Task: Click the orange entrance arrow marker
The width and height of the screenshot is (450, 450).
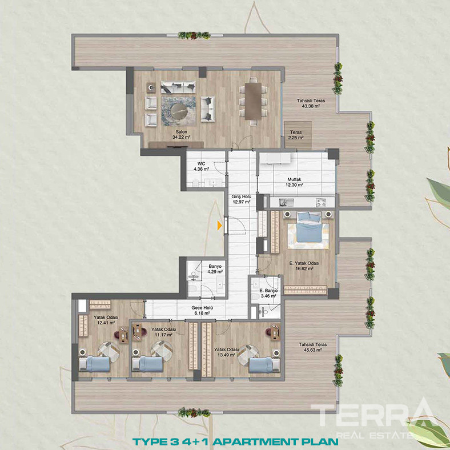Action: [220, 226]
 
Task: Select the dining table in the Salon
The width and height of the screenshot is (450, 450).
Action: [253, 101]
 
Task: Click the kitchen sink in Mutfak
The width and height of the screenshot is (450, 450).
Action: [286, 203]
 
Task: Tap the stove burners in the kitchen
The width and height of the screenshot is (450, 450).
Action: [321, 203]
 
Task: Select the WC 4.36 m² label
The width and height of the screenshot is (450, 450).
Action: [201, 166]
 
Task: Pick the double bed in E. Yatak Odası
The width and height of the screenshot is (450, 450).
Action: [308, 227]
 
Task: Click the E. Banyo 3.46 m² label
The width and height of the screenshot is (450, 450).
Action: [268, 293]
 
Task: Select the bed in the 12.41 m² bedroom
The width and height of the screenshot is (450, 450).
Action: [94, 364]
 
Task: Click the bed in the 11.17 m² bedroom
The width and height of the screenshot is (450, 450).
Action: [147, 364]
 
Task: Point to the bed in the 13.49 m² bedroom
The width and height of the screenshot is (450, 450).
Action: [264, 365]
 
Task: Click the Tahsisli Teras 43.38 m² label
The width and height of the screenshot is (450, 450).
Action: [311, 103]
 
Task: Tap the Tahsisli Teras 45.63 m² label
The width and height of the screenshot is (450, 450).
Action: [313, 347]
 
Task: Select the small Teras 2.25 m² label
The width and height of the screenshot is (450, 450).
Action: [296, 135]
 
